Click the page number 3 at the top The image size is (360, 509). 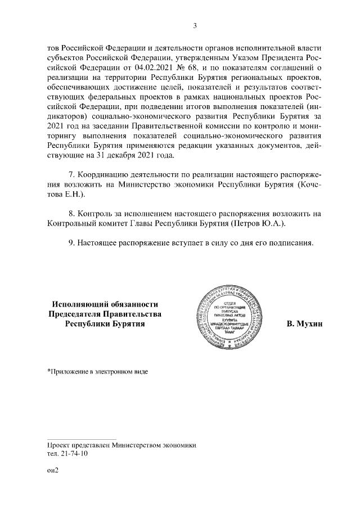coord(194,25)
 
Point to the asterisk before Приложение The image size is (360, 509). coord(48,371)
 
